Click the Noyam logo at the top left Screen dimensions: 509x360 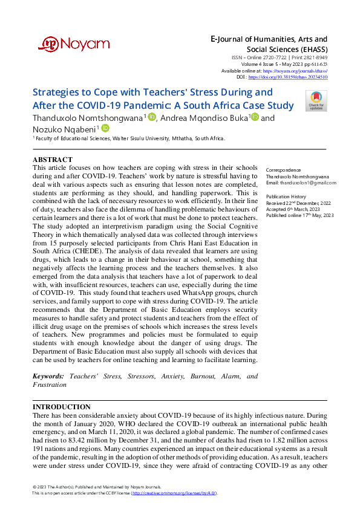pyautogui.click(x=65, y=44)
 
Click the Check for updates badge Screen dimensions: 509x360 pyautogui.click(x=316, y=100)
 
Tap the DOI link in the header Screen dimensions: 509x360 pyautogui.click(x=296, y=77)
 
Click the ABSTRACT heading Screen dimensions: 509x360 pyautogui.click(x=52, y=160)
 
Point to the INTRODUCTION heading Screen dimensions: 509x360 pyautogui.click(x=62, y=407)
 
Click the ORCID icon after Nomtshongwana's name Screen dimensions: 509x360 pyautogui.click(x=151, y=117)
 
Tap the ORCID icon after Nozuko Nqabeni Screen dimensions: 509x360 pyautogui.click(x=105, y=128)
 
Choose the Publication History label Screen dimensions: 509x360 pyautogui.click(x=287, y=196)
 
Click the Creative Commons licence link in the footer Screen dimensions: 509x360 pyautogui.click(x=170, y=493)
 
